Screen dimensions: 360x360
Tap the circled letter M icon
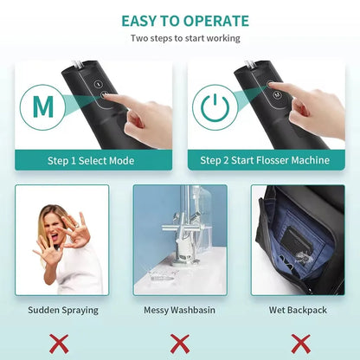click(x=42, y=106)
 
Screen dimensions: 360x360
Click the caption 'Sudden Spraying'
click(x=62, y=309)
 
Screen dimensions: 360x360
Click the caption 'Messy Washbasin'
click(x=180, y=309)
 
